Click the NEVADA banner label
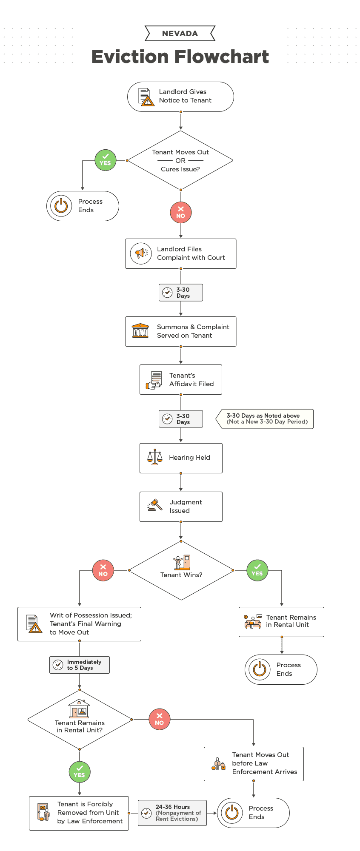180,34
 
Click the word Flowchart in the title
221,57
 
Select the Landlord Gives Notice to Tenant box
180,97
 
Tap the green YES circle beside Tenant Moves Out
106,160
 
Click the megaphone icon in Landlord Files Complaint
141,253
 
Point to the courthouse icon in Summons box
140,331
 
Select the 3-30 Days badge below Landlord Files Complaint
181,293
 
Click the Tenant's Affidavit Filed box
181,379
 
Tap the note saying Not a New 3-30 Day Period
267,419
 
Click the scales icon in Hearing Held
155,457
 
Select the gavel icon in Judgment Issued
155,505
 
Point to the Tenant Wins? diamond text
181,575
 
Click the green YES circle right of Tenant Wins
257,570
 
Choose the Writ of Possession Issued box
80,624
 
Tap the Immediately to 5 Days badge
80,665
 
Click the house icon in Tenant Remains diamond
80,709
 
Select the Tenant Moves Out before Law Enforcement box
254,764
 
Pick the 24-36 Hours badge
172,813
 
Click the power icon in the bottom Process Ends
232,812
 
